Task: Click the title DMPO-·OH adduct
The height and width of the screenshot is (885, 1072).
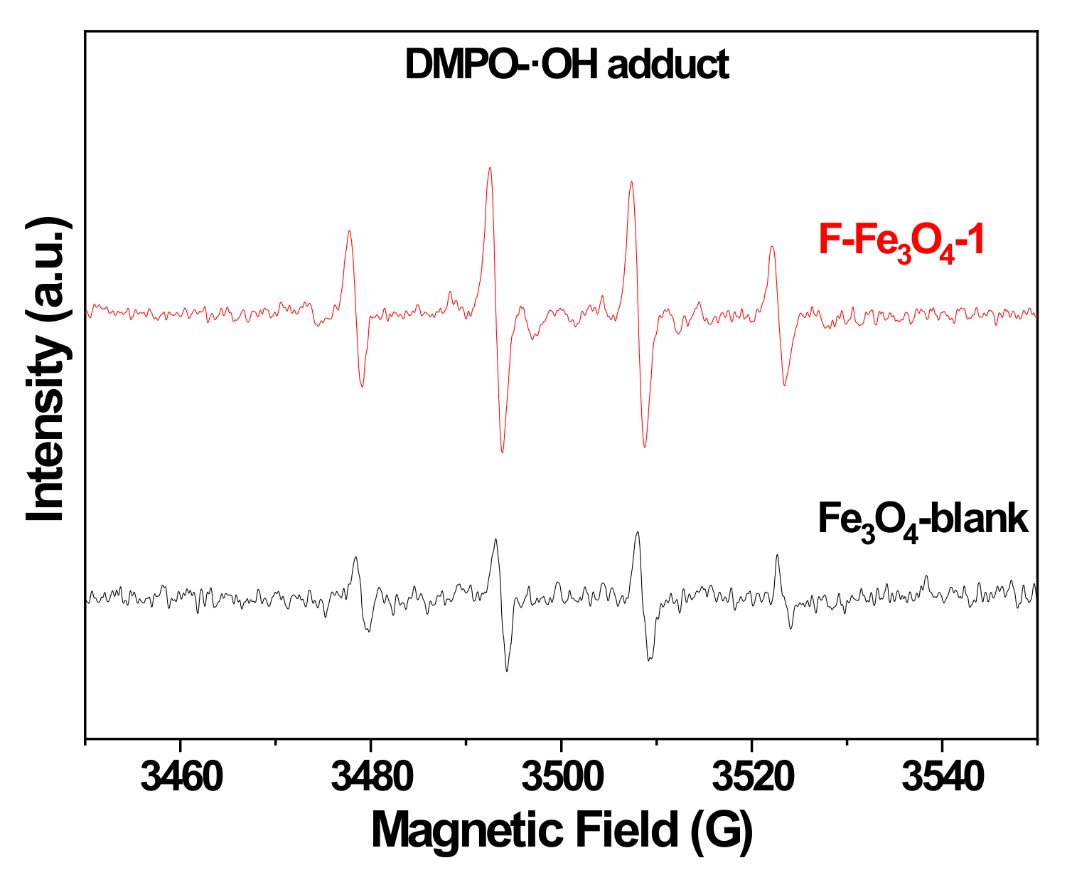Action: (x=567, y=65)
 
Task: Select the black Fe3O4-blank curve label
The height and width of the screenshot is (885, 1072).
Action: (x=922, y=519)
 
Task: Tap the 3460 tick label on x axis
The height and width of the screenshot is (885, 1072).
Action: (x=181, y=778)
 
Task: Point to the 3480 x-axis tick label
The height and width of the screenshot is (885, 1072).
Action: (x=371, y=778)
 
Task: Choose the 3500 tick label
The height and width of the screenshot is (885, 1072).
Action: (x=562, y=778)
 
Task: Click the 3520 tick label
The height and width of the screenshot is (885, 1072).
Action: (x=751, y=778)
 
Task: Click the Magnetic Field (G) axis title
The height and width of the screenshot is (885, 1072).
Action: (x=562, y=830)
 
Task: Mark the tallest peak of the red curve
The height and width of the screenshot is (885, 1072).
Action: (x=490, y=169)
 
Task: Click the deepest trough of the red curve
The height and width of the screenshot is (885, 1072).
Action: (x=502, y=452)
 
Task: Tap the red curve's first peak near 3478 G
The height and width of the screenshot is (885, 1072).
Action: (x=349, y=231)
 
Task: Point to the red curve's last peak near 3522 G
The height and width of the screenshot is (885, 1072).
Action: (x=772, y=248)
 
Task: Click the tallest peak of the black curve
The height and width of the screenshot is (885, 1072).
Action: (x=638, y=532)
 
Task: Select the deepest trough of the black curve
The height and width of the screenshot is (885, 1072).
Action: (x=507, y=670)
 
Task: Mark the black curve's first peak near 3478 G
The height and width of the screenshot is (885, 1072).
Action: (x=355, y=558)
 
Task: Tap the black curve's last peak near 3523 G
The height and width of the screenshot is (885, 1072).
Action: (x=777, y=556)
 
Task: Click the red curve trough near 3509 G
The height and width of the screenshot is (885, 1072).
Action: (x=645, y=447)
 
